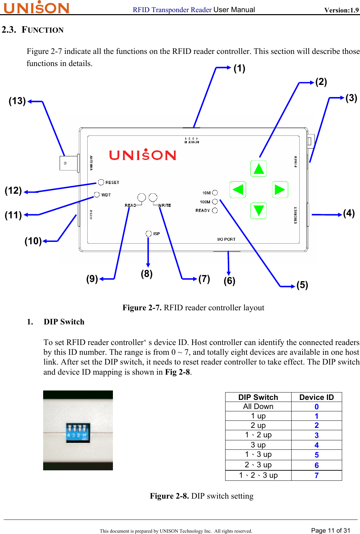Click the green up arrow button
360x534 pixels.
pyautogui.click(x=259, y=168)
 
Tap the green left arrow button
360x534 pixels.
pyautogui.click(x=238, y=189)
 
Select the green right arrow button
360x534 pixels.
pyautogui.click(x=280, y=189)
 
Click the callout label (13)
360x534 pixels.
pyautogui.click(x=17, y=101)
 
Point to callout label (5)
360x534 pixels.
pyautogui.click(x=302, y=285)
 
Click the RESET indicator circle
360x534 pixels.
pyautogui.click(x=101, y=182)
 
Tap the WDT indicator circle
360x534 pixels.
pyautogui.click(x=97, y=194)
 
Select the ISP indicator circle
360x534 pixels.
pyautogui.click(x=149, y=233)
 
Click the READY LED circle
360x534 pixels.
pyautogui.click(x=215, y=210)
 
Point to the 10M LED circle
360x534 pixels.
pyautogui.click(x=215, y=193)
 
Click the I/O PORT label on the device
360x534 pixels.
pyautogui.click(x=226, y=239)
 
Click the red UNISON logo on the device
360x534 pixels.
pyautogui.click(x=143, y=155)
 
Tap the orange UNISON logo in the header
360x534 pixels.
pyautogui.click(x=36, y=7)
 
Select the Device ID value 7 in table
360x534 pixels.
pyautogui.click(x=317, y=475)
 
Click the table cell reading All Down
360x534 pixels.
pyautogui.click(x=258, y=407)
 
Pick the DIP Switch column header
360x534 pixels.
pyautogui.click(x=258, y=397)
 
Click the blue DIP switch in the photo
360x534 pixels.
pyautogui.click(x=78, y=433)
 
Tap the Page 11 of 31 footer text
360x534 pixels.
pyautogui.click(x=330, y=530)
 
